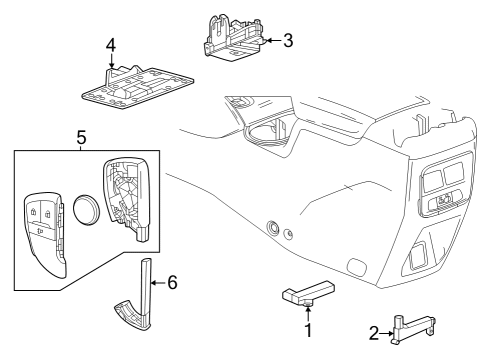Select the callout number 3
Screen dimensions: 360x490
288,41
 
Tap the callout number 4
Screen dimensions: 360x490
112,44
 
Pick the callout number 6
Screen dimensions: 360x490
171,283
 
